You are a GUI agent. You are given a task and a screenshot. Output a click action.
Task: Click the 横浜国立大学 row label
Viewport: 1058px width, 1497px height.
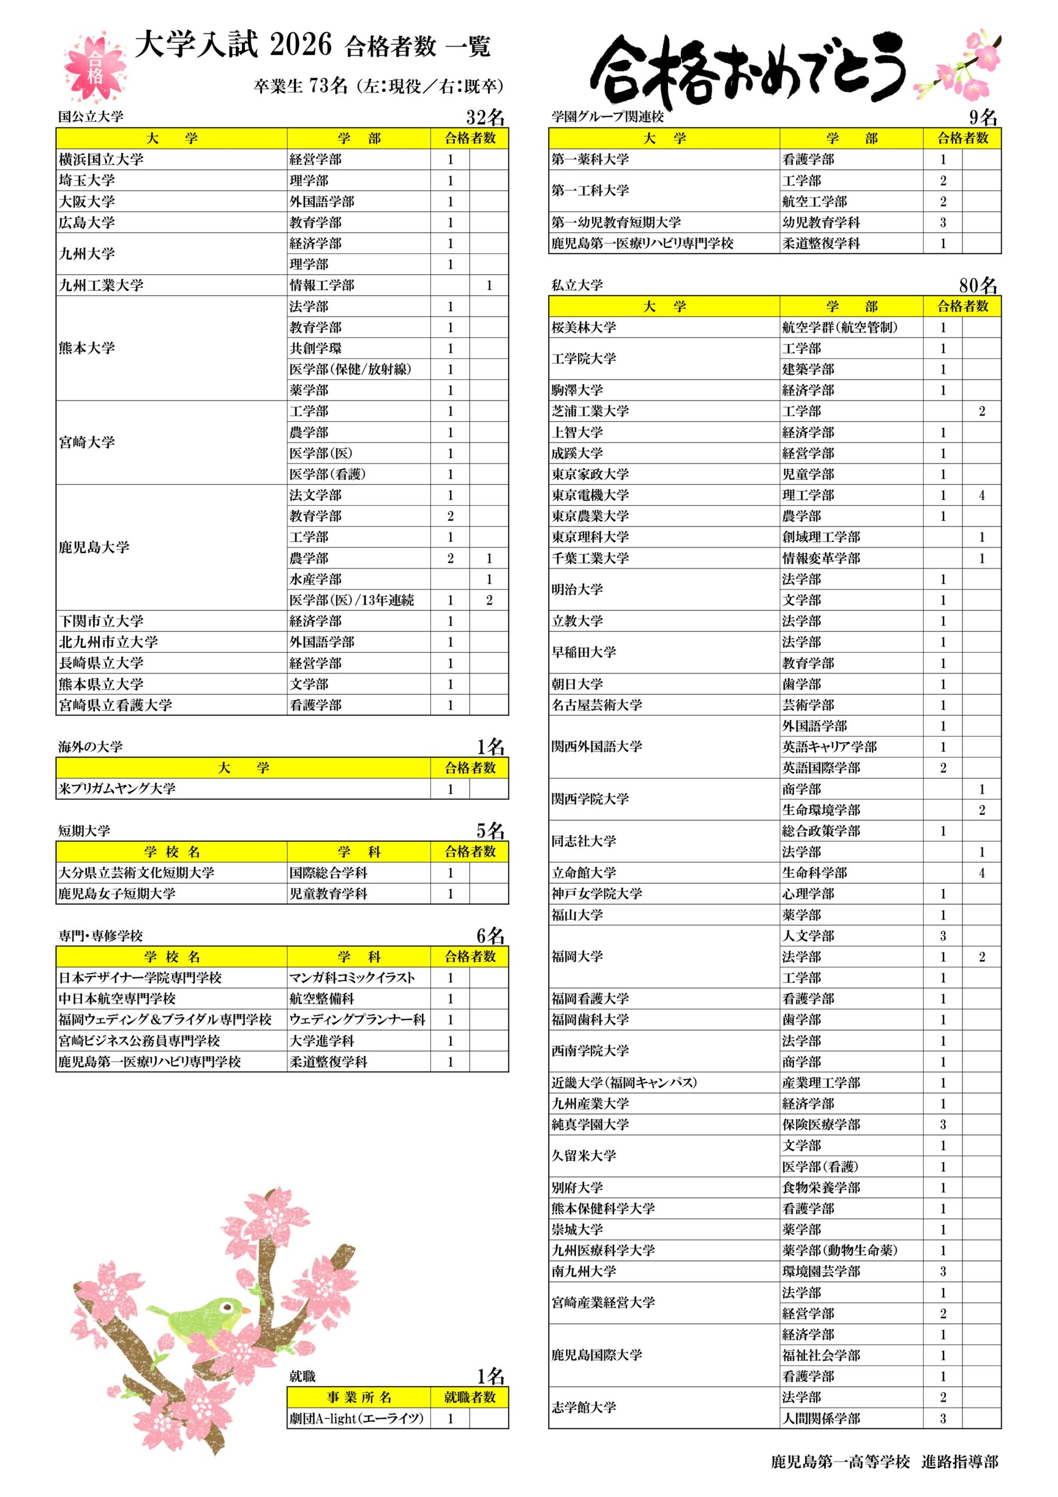coord(101,159)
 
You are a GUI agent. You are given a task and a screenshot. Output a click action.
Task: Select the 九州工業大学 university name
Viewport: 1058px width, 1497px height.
coord(101,285)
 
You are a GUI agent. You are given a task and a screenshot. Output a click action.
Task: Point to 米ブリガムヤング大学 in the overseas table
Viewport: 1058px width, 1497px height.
coord(117,788)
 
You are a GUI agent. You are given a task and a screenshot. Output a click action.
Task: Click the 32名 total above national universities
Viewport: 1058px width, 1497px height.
coord(486,118)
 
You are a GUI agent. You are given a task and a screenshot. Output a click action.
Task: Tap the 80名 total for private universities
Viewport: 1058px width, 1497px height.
coord(978,285)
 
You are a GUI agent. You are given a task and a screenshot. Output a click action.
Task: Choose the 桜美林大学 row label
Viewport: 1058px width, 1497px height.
coord(583,327)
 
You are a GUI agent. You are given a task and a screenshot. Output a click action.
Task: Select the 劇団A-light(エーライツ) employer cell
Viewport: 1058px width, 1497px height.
coord(357,1418)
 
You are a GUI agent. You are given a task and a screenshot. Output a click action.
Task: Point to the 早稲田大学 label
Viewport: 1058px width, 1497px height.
coord(583,652)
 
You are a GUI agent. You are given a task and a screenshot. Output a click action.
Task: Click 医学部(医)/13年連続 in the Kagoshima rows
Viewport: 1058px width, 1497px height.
coord(352,600)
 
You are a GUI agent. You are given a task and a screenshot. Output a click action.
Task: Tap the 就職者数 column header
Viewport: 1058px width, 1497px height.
coord(470,1396)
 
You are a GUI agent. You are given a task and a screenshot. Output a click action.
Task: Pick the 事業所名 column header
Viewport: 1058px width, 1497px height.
coord(358,1396)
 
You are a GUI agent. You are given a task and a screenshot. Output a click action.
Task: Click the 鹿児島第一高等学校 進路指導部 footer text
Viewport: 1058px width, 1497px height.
coord(884,1462)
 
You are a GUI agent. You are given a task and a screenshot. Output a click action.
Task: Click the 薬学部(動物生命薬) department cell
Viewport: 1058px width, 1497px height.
coord(839,1250)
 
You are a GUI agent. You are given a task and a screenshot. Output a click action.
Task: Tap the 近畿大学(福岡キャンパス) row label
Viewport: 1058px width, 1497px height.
coord(624,1082)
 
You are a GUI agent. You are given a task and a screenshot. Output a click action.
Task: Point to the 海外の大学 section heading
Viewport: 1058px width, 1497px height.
coord(91,747)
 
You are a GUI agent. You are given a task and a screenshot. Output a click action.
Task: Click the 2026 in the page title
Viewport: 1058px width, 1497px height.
coord(300,46)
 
